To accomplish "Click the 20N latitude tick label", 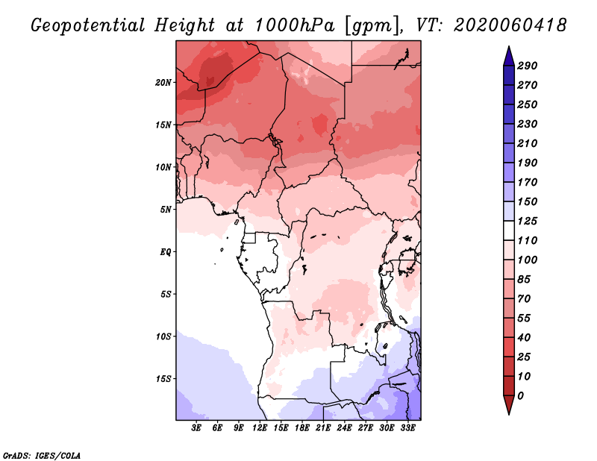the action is point(163,83).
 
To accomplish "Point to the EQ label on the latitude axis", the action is point(166,252).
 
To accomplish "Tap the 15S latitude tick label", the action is point(163,379).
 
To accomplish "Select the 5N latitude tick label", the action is point(166,210).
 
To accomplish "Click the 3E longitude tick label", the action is point(196,428).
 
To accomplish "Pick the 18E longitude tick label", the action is point(302,428).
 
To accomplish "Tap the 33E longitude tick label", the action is point(407,428).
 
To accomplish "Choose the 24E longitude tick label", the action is point(344,428).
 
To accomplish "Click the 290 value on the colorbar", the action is point(528,66).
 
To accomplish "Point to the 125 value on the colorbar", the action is point(528,221).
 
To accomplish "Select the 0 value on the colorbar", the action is point(520,396).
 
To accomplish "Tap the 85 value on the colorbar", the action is point(524,280).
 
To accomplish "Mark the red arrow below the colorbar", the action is point(509,405).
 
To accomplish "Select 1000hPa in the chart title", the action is point(295,25).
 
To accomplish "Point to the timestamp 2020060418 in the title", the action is point(510,25).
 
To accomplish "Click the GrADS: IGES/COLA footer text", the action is point(42,456).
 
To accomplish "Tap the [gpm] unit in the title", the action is point(373,26).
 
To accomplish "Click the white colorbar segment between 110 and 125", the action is point(509,230).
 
